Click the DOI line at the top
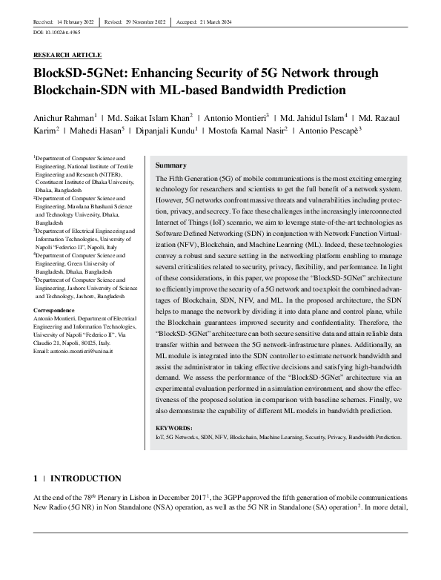click(x=57, y=33)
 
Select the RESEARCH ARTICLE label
click(x=67, y=55)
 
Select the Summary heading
click(x=171, y=165)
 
